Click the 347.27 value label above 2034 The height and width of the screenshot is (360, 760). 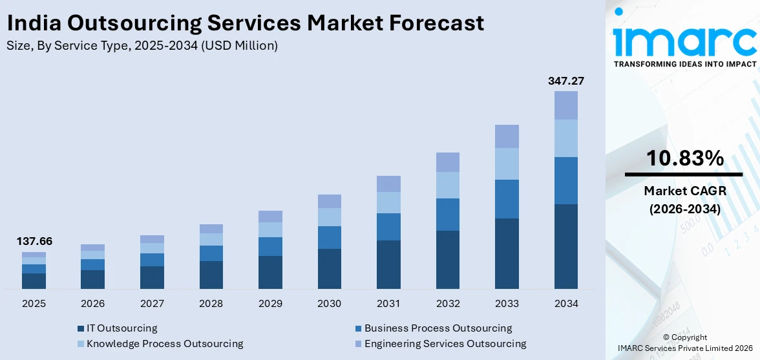click(566, 81)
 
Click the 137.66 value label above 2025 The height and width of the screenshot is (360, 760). click(34, 242)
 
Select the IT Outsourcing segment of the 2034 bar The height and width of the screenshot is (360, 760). click(566, 246)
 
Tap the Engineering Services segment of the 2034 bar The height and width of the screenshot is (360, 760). click(566, 105)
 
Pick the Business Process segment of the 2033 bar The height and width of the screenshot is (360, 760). click(507, 199)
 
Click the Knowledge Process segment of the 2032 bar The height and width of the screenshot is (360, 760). click(448, 185)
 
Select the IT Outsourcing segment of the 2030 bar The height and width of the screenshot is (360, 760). click(330, 268)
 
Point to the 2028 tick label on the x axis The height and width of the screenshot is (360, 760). click(211, 303)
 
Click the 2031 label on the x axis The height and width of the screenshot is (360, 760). click(388, 303)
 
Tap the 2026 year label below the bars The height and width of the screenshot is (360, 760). click(93, 303)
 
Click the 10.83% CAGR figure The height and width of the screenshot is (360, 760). click(684, 158)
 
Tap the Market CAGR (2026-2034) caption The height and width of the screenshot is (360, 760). click(684, 200)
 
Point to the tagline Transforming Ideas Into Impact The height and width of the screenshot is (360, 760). click(684, 64)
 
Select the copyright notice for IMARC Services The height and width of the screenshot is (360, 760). click(684, 343)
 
